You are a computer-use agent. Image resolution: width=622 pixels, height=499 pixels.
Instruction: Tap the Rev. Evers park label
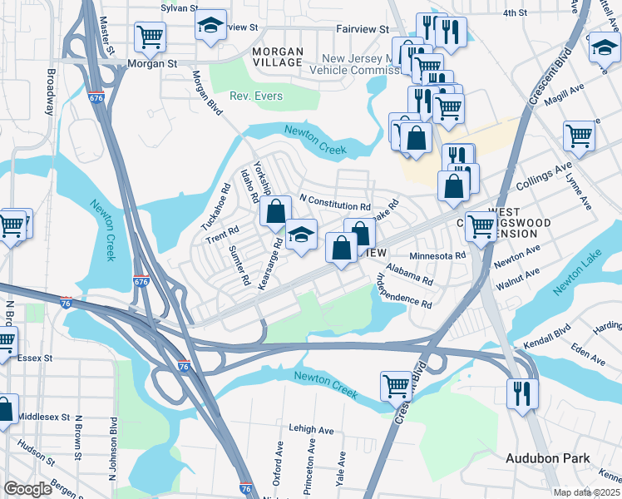coord(257,96)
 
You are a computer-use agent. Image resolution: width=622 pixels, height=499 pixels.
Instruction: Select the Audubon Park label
coord(548,458)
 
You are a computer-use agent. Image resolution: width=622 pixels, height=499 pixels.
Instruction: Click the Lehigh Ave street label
coord(311,430)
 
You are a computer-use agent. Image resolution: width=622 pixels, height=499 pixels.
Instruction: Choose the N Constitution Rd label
coord(334,202)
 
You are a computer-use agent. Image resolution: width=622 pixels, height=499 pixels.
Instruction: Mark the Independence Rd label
coord(405,290)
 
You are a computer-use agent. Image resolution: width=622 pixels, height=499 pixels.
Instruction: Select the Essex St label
coord(34,358)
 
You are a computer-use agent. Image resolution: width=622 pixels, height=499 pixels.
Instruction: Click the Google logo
coord(27,489)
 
